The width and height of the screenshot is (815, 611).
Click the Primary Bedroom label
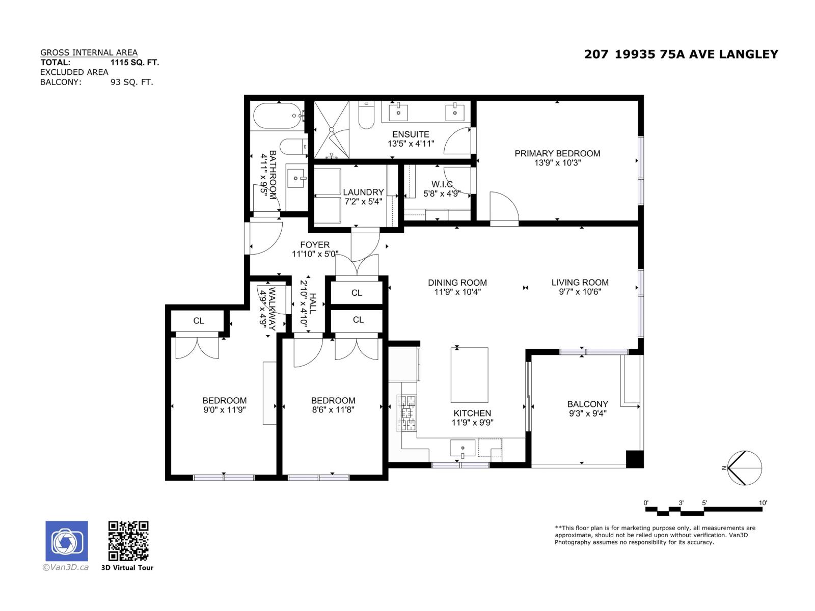click(557, 153)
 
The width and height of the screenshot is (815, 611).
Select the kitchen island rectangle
click(469, 375)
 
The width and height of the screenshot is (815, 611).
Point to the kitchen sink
click(463, 449)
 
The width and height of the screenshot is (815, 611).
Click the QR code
click(128, 541)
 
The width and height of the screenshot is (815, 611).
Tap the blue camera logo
click(67, 541)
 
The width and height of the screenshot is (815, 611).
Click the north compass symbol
click(744, 468)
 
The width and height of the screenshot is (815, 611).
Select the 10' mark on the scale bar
click(763, 503)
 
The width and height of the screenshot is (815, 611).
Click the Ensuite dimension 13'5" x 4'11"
click(411, 144)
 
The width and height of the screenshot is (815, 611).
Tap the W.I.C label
click(442, 184)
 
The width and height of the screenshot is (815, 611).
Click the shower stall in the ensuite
click(332, 130)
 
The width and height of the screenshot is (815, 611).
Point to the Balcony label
click(587, 404)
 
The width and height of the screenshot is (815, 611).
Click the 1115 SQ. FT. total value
click(134, 62)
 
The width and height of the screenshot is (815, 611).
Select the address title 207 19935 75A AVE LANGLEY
click(681, 54)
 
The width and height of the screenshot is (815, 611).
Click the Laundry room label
click(363, 192)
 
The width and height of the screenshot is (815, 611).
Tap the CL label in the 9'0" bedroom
click(199, 321)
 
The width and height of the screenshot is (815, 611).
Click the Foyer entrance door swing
click(267, 238)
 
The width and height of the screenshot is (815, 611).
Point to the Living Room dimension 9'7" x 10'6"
click(580, 292)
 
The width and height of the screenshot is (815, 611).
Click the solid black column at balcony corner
click(634, 459)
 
